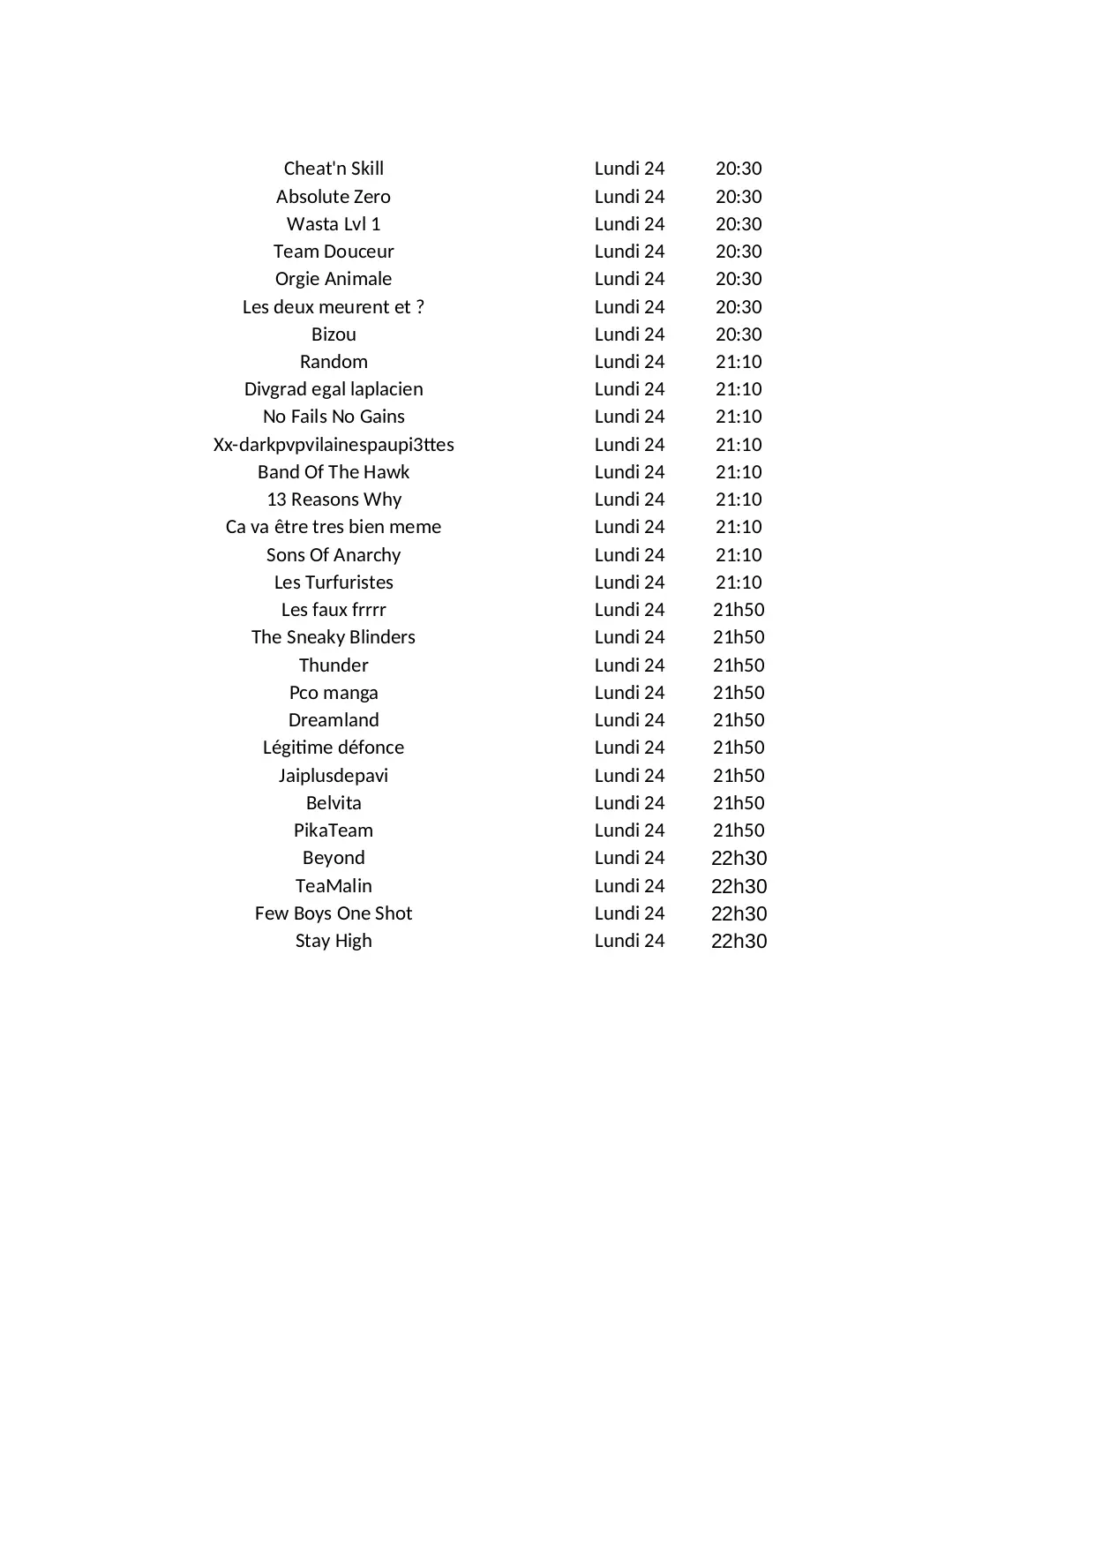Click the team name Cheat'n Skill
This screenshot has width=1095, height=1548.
point(334,169)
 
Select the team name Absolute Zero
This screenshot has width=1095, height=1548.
point(334,197)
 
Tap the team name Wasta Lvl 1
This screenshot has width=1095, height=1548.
point(334,224)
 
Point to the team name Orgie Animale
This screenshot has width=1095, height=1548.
point(334,279)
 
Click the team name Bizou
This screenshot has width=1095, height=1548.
point(334,334)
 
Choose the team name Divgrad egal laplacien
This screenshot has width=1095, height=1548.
point(334,389)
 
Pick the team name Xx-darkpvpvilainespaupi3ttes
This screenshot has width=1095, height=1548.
point(334,445)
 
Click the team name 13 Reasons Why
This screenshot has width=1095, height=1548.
point(334,500)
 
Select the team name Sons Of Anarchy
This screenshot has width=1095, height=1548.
point(334,555)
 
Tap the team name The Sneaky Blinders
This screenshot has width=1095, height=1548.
point(334,637)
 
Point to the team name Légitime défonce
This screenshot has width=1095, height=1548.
point(334,748)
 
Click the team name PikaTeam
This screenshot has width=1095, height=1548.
point(334,830)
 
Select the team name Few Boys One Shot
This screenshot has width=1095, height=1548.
point(334,913)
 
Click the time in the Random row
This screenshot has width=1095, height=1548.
point(739,362)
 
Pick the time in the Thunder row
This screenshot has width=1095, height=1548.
point(739,665)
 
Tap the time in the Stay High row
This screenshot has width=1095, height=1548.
point(739,941)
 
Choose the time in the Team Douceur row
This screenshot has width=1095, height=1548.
point(739,252)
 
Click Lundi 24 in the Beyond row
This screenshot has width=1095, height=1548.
point(629,858)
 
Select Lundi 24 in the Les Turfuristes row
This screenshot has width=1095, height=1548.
point(629,582)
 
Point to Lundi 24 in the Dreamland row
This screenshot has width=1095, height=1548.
point(629,720)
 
